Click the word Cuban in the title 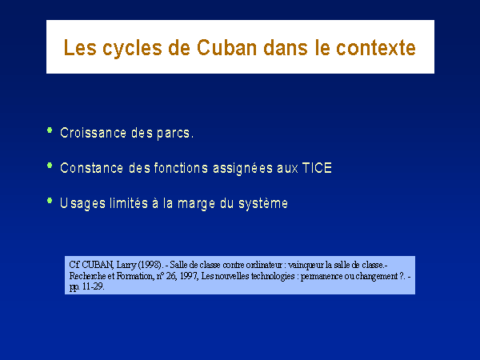[227, 47]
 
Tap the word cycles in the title [132, 48]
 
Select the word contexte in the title [376, 48]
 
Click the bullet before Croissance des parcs [50, 130]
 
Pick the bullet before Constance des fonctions [50, 166]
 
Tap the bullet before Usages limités [50, 201]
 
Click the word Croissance [93, 133]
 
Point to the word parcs [174, 134]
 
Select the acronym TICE [317, 168]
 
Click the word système [263, 204]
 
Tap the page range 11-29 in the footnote [93, 287]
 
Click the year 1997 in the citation [189, 276]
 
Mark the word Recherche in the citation [87, 276]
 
